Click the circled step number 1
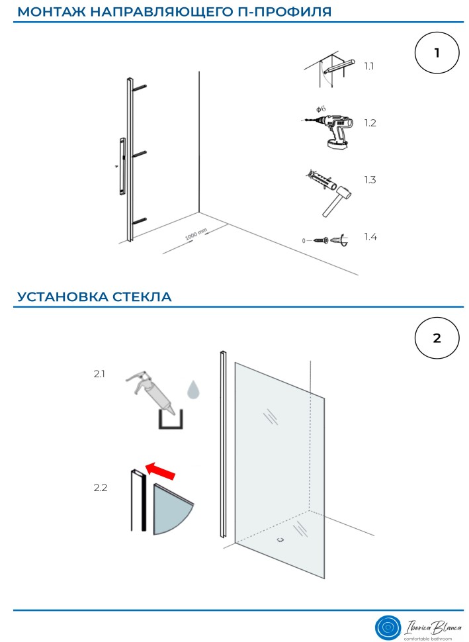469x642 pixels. coord(437,54)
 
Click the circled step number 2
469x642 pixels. coord(437,338)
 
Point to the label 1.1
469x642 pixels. coord(369,66)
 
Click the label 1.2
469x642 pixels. coord(370,123)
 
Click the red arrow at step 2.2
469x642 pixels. coord(161,471)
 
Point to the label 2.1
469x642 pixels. coord(99,374)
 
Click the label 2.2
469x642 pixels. coord(100,488)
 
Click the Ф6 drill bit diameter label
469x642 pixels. coord(320,108)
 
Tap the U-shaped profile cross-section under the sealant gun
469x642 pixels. coord(170,420)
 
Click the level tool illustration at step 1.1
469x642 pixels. coord(336,66)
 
